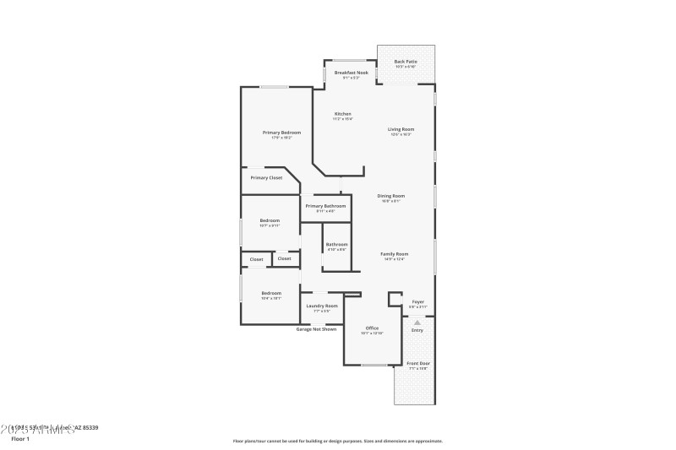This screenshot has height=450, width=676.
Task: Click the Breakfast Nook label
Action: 351,73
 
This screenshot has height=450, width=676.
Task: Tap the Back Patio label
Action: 406,62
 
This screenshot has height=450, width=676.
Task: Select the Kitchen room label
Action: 342,114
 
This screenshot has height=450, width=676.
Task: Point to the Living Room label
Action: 401,129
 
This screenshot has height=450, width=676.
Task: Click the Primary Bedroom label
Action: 281,133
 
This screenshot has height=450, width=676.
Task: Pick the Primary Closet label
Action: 266,178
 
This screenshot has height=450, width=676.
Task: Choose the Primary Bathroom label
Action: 325,206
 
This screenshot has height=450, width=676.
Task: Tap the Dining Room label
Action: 391,196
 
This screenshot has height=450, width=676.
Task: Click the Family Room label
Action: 394,254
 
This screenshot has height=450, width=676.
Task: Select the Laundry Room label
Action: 322,306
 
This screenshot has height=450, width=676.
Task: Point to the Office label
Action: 372,328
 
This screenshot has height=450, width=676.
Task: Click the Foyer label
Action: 417,301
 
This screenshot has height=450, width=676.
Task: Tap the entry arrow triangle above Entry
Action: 417,323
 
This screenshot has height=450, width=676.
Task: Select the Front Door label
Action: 418,364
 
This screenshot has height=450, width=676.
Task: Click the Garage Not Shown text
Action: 316,329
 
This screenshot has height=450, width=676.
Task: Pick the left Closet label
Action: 256,259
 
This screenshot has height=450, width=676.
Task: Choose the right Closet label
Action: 285,259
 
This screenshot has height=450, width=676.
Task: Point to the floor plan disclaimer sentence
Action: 337,441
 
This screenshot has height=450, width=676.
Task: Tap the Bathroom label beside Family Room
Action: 337,245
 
